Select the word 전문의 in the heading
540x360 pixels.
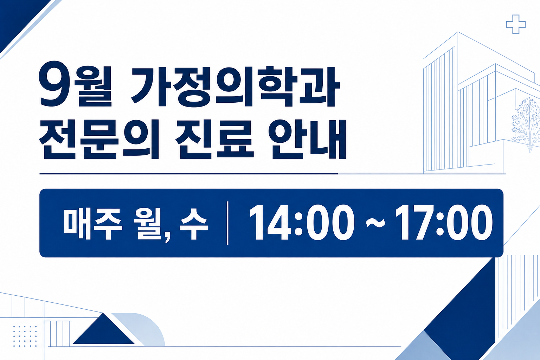click(x=99, y=139)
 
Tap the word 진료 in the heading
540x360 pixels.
click(x=214, y=139)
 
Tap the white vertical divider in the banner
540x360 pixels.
click(x=227, y=223)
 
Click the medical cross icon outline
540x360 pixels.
click(x=516, y=24)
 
